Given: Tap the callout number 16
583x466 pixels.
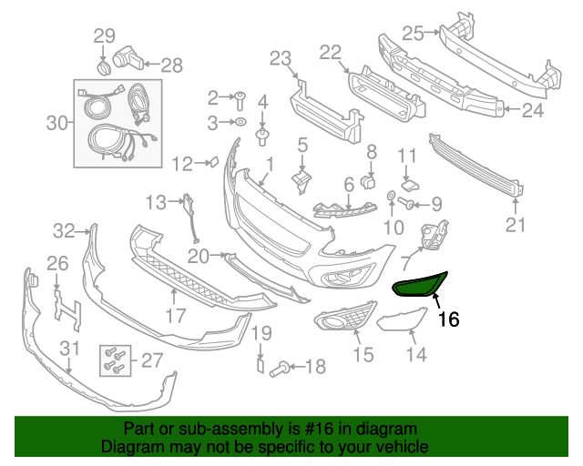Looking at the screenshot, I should (x=448, y=319).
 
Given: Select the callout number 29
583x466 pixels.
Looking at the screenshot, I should (x=105, y=36).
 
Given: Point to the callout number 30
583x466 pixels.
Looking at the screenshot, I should (x=56, y=121).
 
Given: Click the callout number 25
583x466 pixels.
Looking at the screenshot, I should (x=413, y=34).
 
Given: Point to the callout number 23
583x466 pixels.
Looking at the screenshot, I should (x=279, y=59).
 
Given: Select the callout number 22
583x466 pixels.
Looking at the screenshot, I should (x=329, y=52).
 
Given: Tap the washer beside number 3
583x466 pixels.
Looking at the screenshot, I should (x=240, y=121).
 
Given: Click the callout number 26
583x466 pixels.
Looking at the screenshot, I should (x=57, y=264).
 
